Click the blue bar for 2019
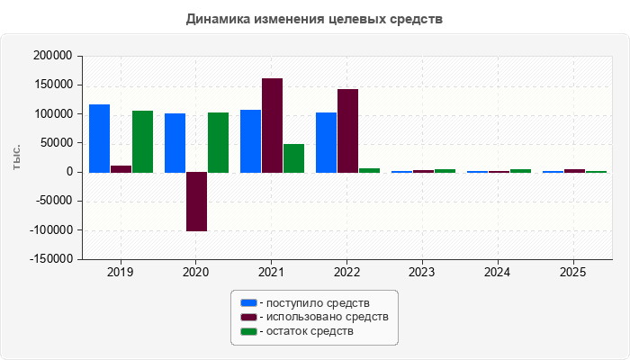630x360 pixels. pos(99,139)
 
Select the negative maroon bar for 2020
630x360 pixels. pos(197,202)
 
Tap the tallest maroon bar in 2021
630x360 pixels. pos(272,125)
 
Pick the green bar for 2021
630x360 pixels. pos(293,158)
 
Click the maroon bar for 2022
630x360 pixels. pos(348,131)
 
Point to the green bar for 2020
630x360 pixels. pos(218,142)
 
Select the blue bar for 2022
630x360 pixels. pos(326,142)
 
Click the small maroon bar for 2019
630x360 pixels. pos(121,169)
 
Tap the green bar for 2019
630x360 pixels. pos(142,142)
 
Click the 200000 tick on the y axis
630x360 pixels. pos(52,56)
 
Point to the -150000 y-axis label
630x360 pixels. pos(51,259)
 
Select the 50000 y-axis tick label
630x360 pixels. pos(56,142)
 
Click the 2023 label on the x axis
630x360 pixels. pos(422,273)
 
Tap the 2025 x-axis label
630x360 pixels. pos(573,273)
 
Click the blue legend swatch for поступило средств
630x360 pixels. pos(248,303)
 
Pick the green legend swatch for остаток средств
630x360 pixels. pos(248,331)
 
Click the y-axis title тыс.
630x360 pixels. pos(16,157)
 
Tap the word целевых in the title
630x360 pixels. pos(356,19)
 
